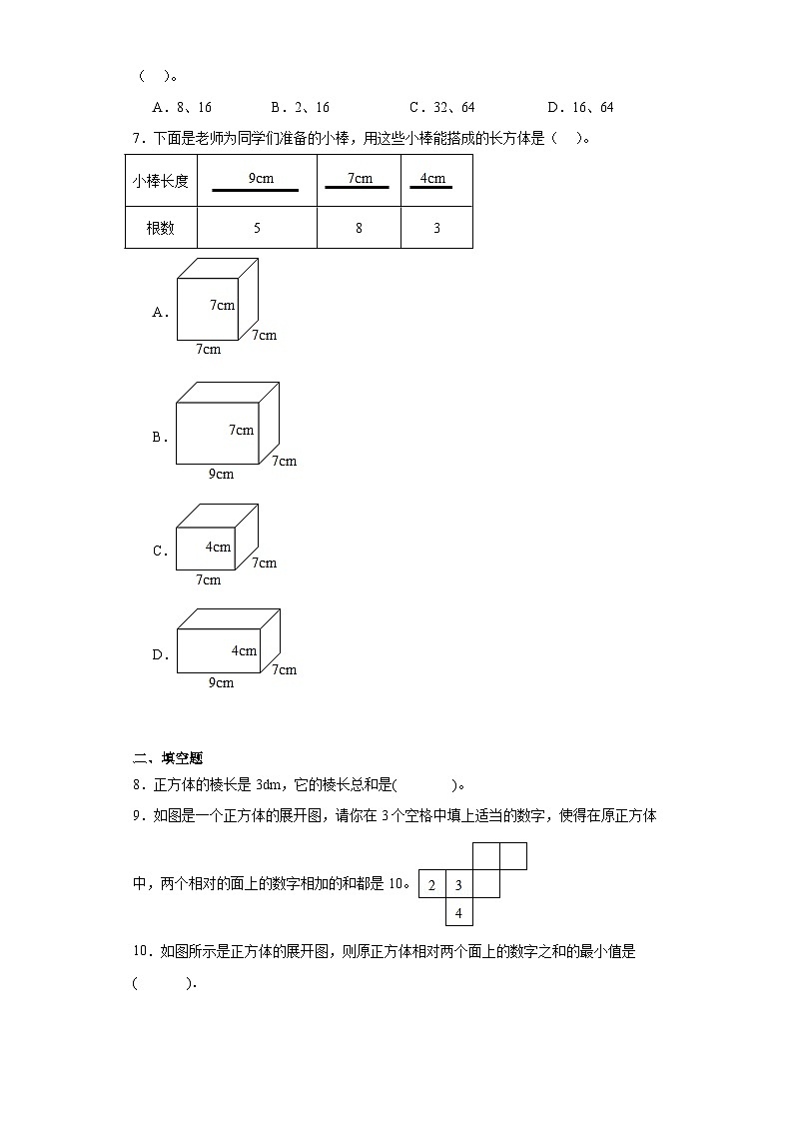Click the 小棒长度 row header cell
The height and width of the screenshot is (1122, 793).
click(x=161, y=181)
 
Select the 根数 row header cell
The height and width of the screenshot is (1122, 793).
click(x=161, y=228)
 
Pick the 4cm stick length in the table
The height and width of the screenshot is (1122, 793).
click(x=432, y=181)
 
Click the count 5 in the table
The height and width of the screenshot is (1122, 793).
click(x=257, y=228)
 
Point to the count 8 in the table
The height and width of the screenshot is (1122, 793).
click(x=359, y=228)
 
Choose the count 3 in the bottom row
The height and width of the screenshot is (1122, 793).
click(x=436, y=228)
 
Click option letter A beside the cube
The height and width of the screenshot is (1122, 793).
click(x=160, y=312)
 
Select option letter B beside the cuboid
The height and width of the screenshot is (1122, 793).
click(x=160, y=437)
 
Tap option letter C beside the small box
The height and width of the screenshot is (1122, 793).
click(x=160, y=551)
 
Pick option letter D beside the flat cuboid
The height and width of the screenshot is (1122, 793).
click(x=160, y=655)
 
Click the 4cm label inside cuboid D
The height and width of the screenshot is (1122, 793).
click(x=244, y=650)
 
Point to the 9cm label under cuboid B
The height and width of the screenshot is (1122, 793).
click(x=221, y=474)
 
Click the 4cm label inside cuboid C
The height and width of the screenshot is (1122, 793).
click(x=218, y=547)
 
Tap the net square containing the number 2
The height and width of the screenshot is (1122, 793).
click(x=431, y=885)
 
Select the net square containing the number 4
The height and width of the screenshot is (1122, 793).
click(x=458, y=912)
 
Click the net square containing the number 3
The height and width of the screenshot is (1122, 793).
click(x=458, y=885)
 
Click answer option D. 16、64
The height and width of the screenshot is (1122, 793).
click(x=580, y=108)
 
